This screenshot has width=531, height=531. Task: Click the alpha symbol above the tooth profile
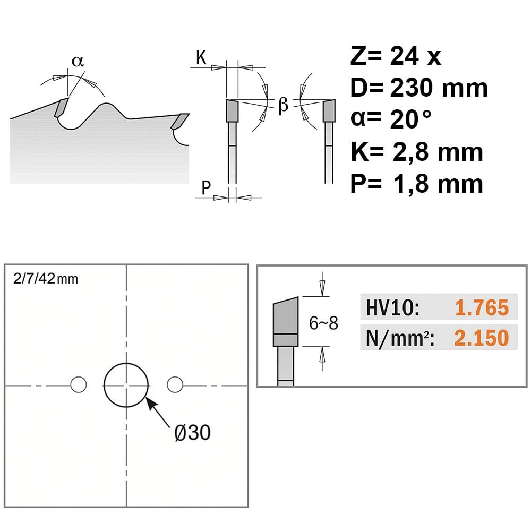(77, 61)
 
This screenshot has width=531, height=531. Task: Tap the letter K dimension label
(201, 57)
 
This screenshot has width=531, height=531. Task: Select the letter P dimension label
(206, 187)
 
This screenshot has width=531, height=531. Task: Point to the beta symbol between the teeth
(283, 105)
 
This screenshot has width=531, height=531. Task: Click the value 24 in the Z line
(404, 56)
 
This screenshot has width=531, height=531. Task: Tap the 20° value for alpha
(411, 119)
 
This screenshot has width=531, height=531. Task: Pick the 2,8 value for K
(412, 153)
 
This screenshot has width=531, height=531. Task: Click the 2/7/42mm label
(46, 279)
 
